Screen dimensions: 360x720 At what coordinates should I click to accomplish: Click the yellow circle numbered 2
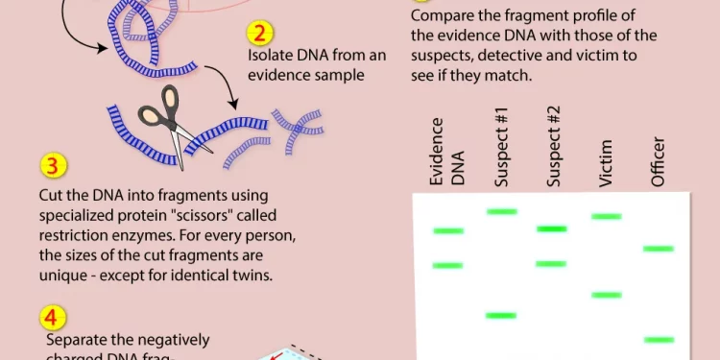pyautogui.click(x=260, y=35)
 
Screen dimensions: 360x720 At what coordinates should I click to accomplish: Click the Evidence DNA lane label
pyautogui.click(x=447, y=152)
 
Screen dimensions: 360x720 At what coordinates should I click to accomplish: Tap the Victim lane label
pyautogui.click(x=606, y=160)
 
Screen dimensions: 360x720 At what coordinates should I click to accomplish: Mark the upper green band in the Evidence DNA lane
pyautogui.click(x=447, y=230)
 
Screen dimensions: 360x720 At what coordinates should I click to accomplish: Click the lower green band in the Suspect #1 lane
pyautogui.click(x=500, y=315)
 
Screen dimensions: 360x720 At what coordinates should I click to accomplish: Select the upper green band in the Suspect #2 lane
pyautogui.click(x=552, y=228)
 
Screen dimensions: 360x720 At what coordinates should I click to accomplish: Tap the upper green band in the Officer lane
pyautogui.click(x=659, y=249)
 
